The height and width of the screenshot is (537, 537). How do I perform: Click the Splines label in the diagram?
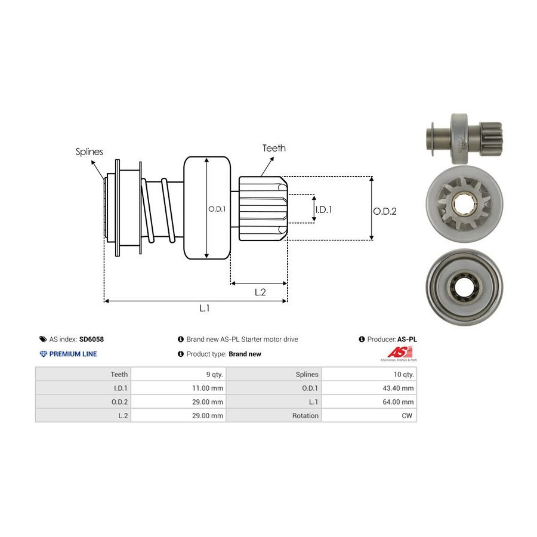coord(89,152)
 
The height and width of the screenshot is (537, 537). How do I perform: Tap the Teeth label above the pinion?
coord(274,148)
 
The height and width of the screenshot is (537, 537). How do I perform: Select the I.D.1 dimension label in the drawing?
coord(323,209)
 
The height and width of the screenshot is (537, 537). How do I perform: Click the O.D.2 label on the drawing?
coord(385,211)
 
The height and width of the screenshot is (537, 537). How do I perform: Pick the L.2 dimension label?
coord(260,292)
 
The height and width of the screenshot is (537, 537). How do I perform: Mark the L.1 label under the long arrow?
coord(205,308)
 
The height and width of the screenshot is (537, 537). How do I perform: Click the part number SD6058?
coord(92,339)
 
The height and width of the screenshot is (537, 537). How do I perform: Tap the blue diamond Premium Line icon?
coord(43,354)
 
